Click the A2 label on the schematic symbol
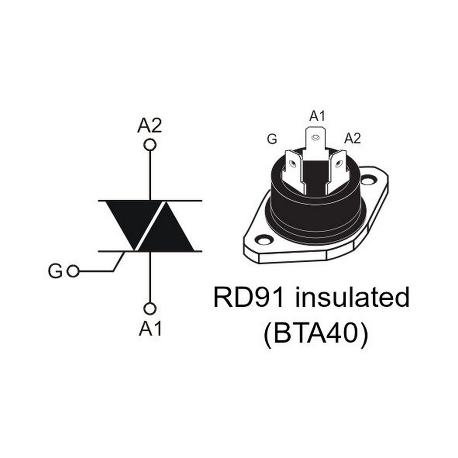point(149,126)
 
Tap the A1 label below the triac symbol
point(150,328)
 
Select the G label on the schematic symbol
point(55,271)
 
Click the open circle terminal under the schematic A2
point(150,144)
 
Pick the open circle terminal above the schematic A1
point(150,309)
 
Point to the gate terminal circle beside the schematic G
point(73,271)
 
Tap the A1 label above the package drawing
point(317,116)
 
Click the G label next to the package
point(272,139)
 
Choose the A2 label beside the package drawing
point(352,138)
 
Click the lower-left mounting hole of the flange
point(264,240)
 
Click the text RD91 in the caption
point(249,297)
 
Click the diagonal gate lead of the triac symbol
point(119,261)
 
